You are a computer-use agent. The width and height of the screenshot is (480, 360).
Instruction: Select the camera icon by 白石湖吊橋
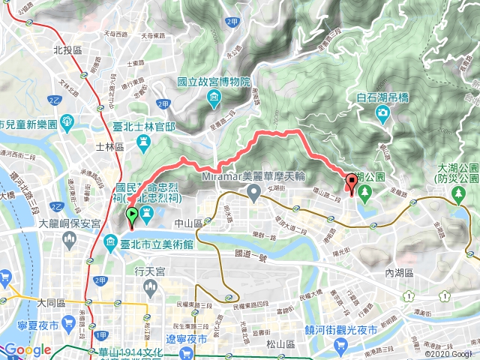coord(382,112)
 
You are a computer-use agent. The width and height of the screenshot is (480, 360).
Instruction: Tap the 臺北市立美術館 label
coord(151,243)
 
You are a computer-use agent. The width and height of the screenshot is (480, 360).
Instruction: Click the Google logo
coord(26,350)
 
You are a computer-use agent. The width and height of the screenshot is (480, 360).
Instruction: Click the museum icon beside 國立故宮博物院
coord(214,96)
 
